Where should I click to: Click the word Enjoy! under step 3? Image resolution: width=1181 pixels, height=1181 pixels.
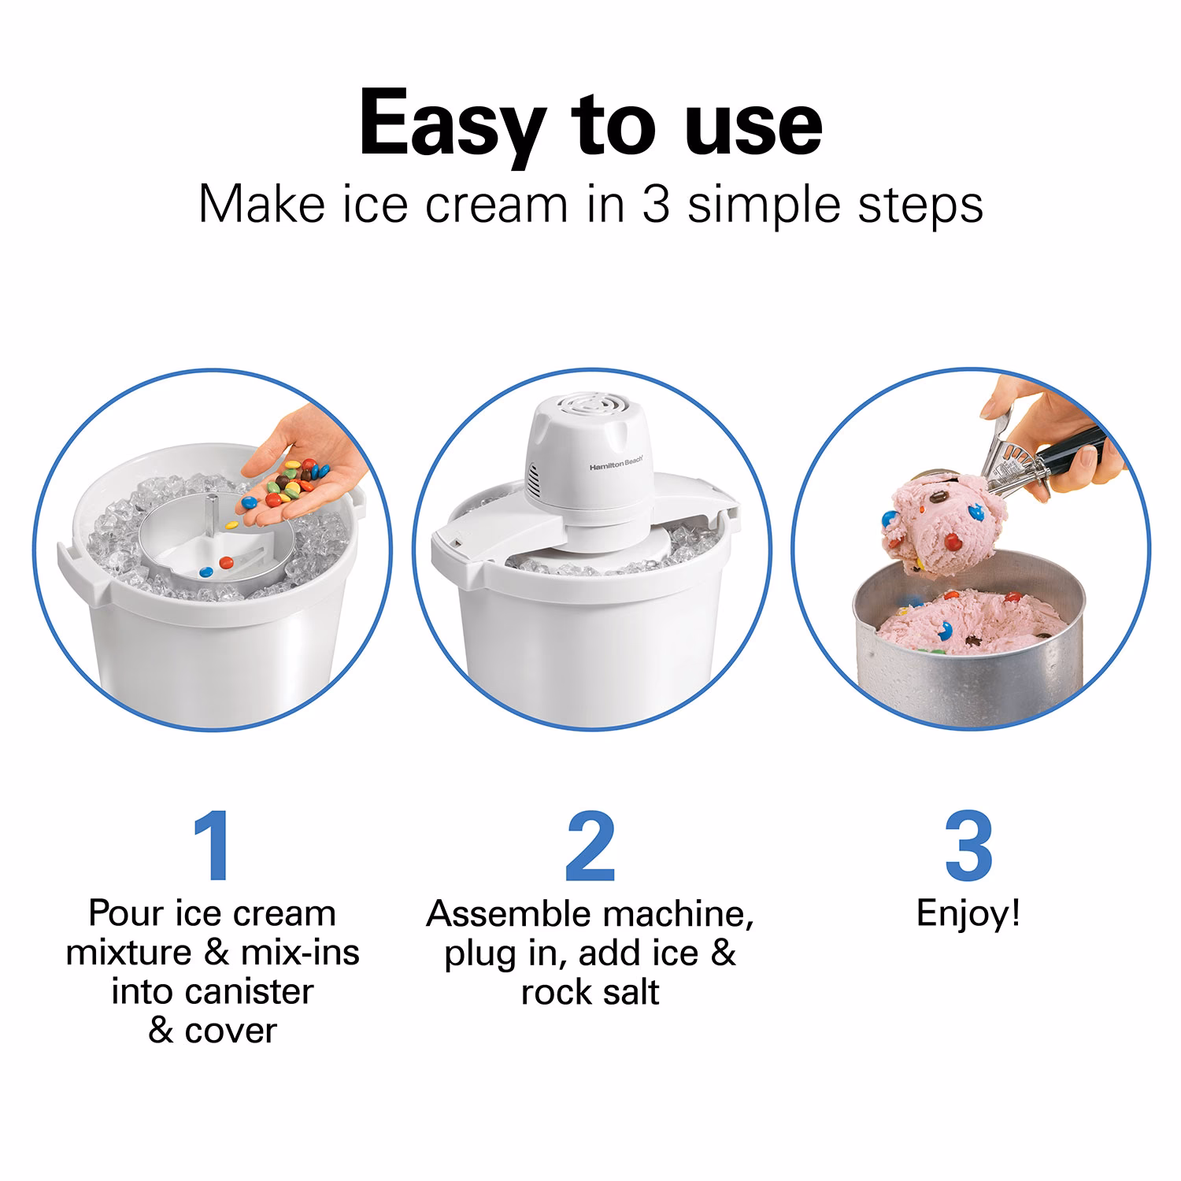pyautogui.click(x=968, y=914)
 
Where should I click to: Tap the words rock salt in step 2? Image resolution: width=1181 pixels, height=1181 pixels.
pyautogui.click(x=590, y=992)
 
